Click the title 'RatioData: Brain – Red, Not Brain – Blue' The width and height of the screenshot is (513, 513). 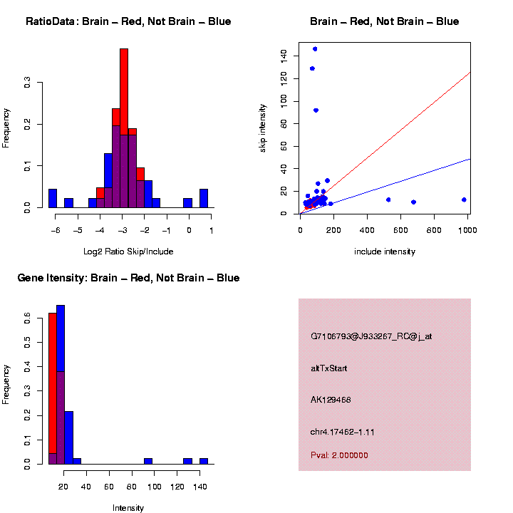coord(128,21)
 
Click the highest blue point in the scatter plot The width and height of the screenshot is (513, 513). coord(315,48)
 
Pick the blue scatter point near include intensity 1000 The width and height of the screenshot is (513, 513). coord(464,199)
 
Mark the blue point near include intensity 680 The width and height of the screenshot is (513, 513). coord(413,202)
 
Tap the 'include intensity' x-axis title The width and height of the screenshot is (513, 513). coord(385,252)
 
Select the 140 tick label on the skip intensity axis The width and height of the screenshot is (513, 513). coord(284,56)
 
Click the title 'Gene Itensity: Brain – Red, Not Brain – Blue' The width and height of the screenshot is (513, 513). coord(128,278)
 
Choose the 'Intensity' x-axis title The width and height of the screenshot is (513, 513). coord(128,508)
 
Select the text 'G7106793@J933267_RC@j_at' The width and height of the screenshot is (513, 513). coord(371,336)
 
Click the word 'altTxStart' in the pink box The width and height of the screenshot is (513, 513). coord(329,368)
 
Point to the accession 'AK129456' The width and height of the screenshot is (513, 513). coord(331,400)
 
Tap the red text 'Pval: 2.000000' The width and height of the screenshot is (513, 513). coord(339,455)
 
